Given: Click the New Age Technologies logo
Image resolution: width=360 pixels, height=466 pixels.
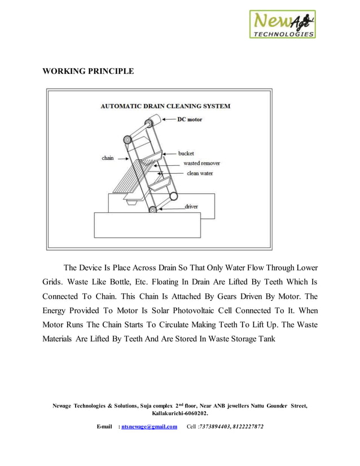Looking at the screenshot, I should pos(283,24).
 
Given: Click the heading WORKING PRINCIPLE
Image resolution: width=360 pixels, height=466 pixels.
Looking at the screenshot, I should pos(88,72).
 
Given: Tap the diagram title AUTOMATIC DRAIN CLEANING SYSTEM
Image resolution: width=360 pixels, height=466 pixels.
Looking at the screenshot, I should pos(165,106).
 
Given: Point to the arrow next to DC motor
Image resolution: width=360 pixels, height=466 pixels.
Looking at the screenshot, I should pos(168,120).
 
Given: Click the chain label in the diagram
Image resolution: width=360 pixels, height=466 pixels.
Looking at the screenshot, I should pos(108,158).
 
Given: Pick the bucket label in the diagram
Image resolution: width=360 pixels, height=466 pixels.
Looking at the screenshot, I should pos(186,153).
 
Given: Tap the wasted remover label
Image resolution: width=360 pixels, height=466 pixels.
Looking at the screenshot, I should pos(201,163).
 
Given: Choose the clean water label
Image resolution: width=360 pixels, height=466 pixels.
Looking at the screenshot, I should pos(200,173).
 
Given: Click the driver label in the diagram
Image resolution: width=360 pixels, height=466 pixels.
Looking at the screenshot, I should pos(191,207).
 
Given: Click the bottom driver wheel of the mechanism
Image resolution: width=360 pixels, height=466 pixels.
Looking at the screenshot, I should pos(152,210).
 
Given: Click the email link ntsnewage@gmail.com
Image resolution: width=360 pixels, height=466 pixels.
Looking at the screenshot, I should pos(150,427).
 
